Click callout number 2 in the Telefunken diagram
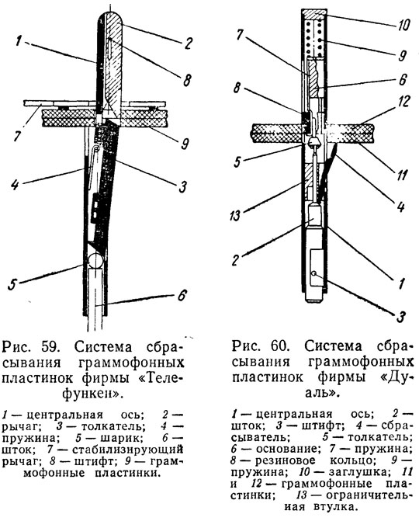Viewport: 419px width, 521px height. [189, 43]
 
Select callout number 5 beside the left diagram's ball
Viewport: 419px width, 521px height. [12, 285]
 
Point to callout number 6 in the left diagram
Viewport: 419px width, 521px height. [182, 295]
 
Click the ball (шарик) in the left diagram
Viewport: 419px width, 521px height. [95, 260]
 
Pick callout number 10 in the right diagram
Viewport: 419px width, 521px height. [403, 24]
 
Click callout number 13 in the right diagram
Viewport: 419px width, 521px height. [234, 216]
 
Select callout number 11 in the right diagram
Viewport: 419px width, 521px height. [402, 174]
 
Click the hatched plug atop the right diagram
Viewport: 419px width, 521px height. [313, 14]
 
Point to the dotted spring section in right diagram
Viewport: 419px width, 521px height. [313, 39]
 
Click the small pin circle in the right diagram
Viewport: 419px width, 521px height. [313, 273]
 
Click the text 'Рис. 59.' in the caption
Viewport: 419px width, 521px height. [30, 348]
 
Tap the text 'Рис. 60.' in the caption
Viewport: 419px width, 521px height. [260, 346]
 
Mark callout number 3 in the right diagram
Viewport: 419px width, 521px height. [401, 317]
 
